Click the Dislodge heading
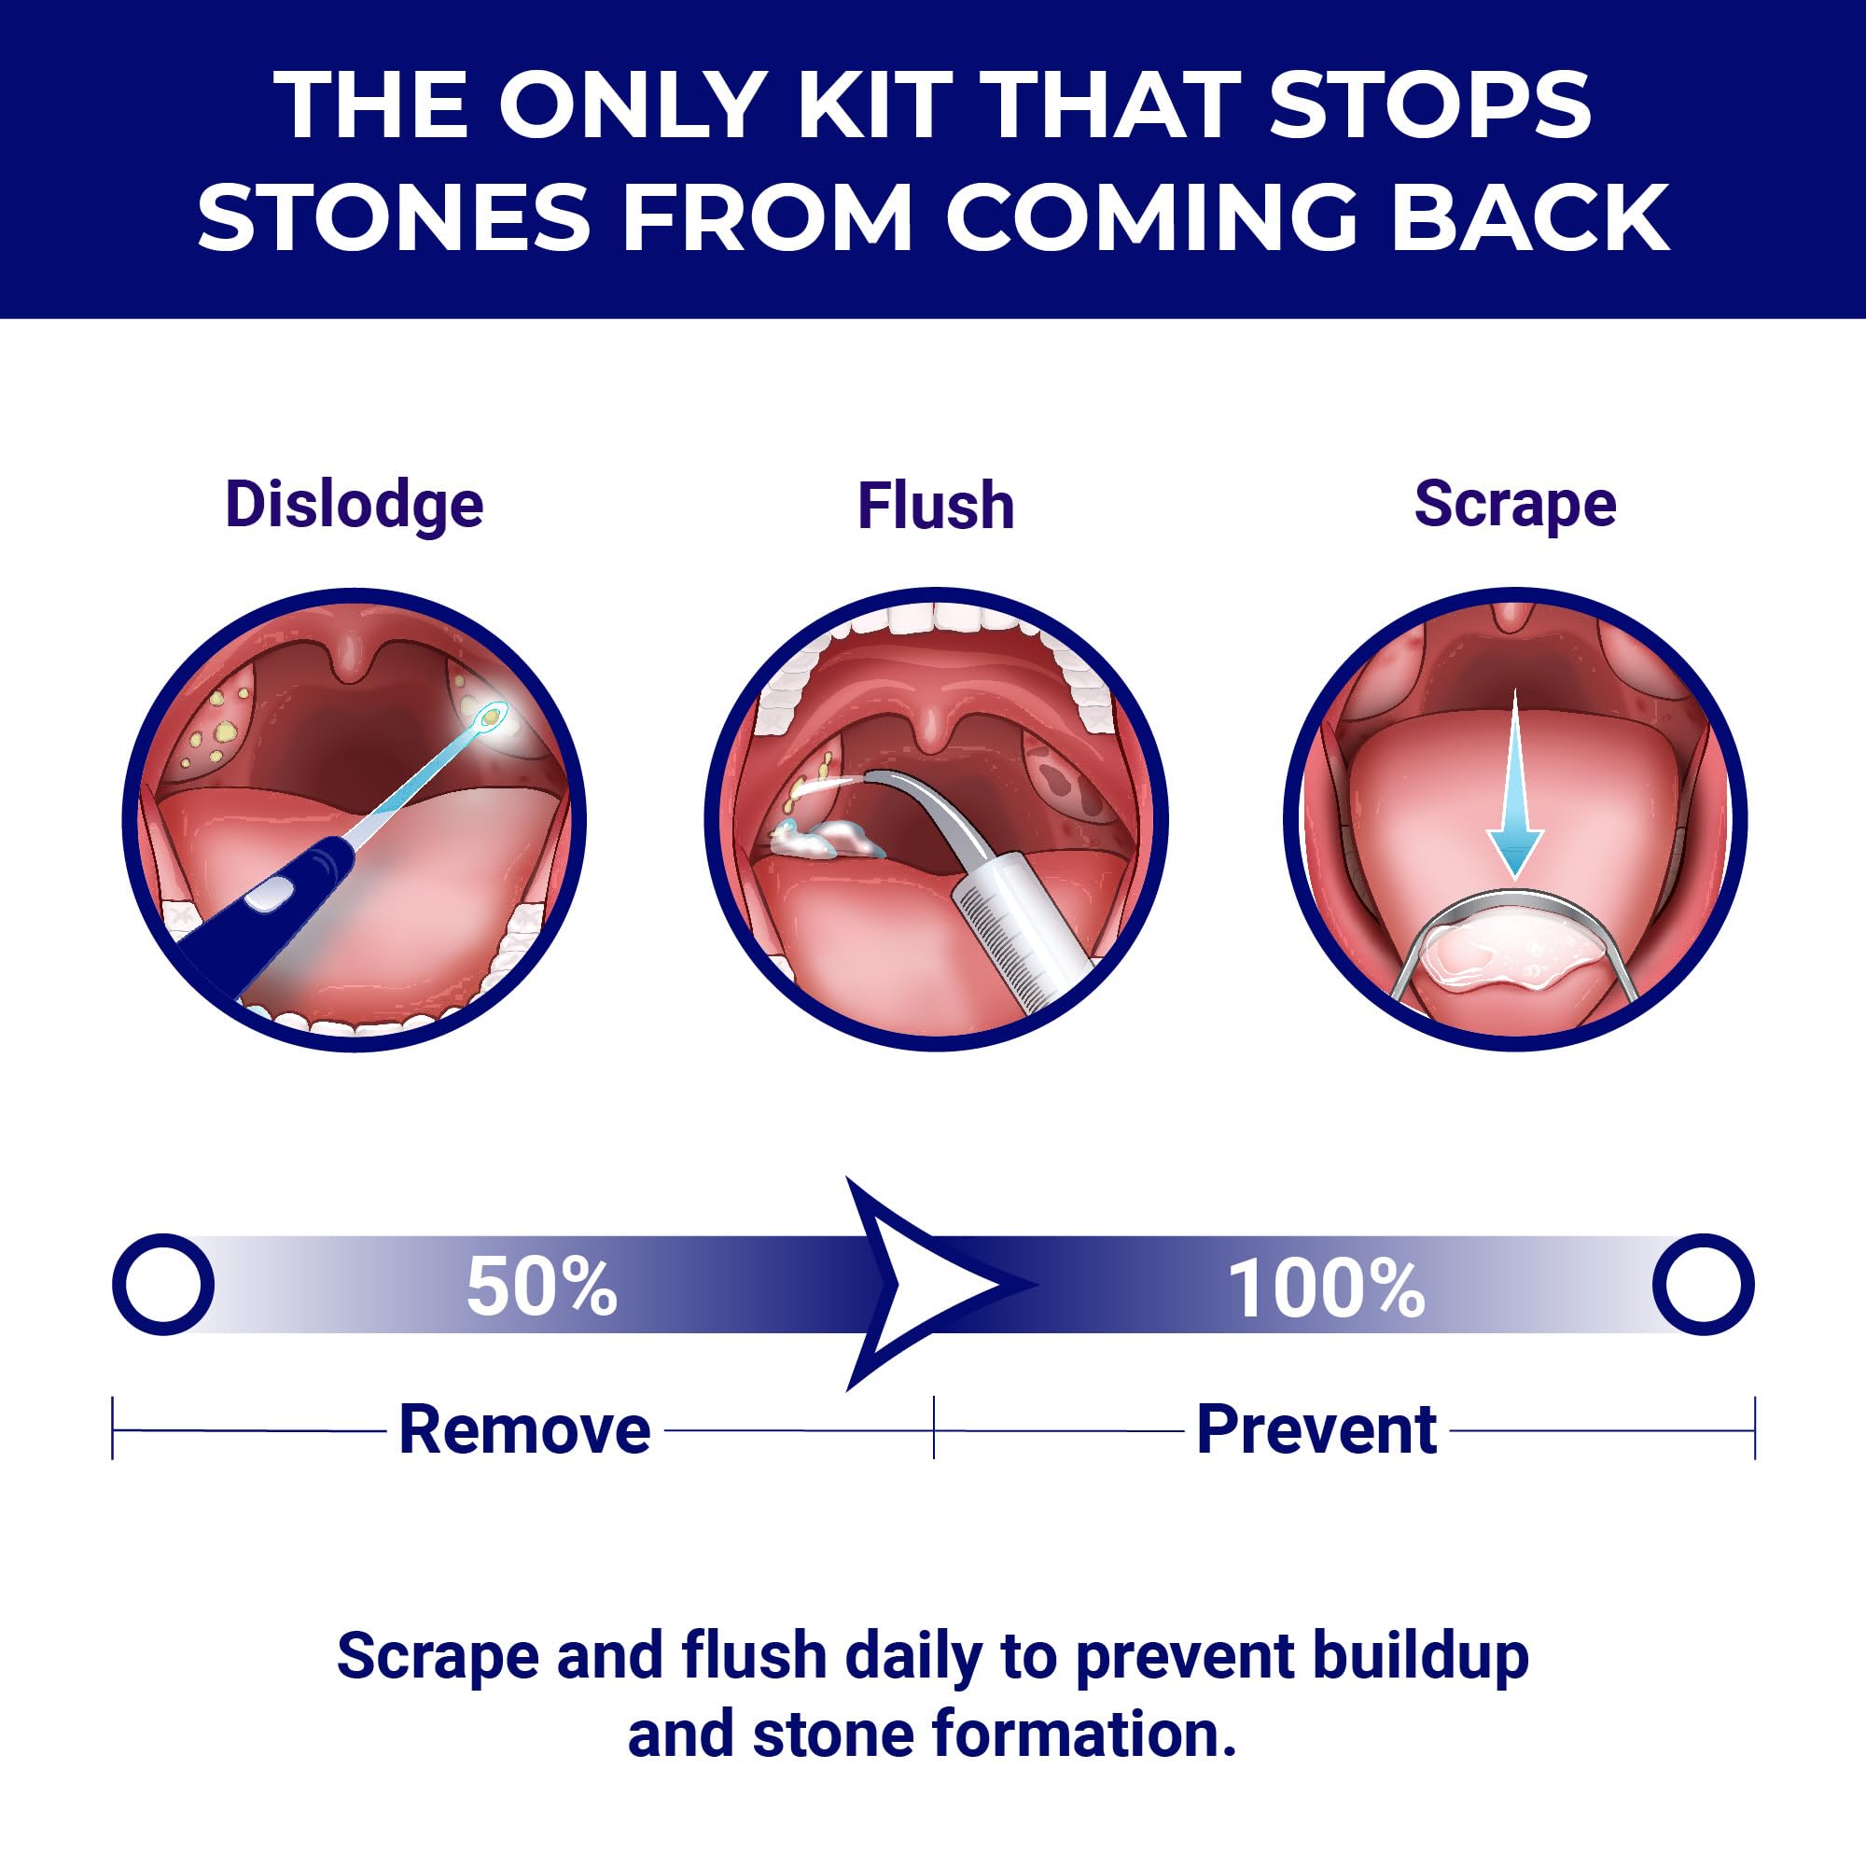tap(354, 505)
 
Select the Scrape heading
tap(1514, 505)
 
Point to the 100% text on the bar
tap(1325, 1288)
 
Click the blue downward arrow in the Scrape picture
tap(1514, 784)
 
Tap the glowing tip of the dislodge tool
tap(494, 716)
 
